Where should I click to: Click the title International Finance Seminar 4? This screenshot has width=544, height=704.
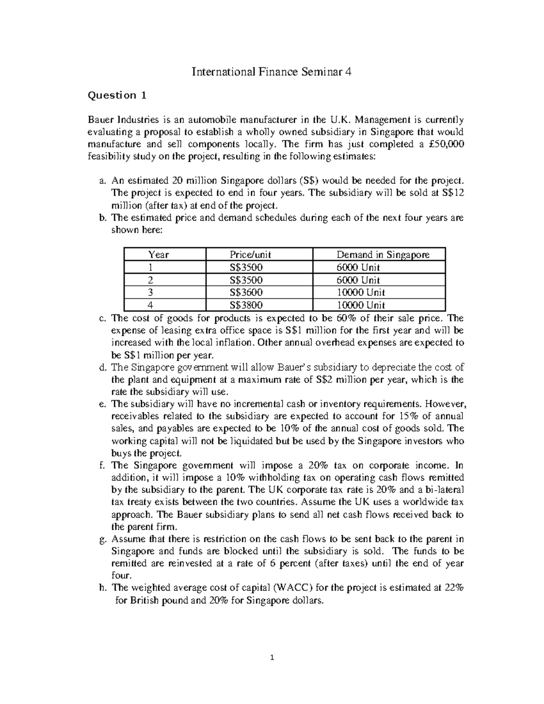click(272, 72)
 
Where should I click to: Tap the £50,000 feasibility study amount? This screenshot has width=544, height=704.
click(446, 144)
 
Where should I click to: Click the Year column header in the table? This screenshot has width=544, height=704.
click(158, 255)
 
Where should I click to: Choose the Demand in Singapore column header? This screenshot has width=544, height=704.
click(383, 255)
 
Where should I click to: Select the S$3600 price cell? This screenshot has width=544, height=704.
click(246, 292)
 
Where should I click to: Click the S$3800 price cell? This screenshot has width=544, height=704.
click(246, 305)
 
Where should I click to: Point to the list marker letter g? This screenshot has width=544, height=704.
click(102, 539)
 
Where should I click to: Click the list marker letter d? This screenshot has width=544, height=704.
click(102, 367)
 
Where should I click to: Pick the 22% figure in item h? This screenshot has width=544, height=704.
click(454, 588)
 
